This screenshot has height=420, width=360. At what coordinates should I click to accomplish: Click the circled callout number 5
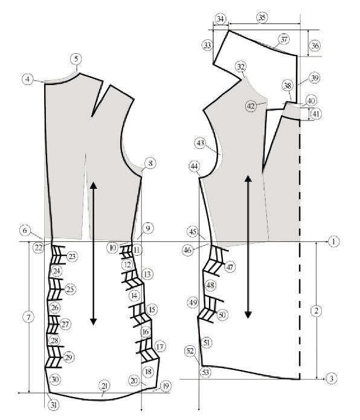(x=76, y=59)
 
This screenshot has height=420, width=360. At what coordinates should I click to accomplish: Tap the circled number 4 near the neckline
(x=28, y=79)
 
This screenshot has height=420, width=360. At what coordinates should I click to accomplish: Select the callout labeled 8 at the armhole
(x=150, y=163)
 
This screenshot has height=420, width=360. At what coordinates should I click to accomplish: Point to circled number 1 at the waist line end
(x=334, y=241)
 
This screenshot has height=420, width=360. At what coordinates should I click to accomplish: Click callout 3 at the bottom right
(x=332, y=378)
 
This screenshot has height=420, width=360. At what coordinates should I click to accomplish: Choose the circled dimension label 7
(x=28, y=317)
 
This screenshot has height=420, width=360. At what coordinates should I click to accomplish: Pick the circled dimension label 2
(x=317, y=311)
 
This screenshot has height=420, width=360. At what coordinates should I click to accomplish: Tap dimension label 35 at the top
(x=262, y=17)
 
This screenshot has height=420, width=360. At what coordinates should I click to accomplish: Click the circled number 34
(x=220, y=19)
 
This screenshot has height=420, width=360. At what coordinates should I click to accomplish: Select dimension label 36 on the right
(x=315, y=45)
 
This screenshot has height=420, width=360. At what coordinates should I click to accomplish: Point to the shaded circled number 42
(x=251, y=106)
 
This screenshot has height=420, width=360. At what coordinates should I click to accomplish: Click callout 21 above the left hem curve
(x=104, y=386)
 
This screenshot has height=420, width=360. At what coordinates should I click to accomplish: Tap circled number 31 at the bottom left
(x=54, y=405)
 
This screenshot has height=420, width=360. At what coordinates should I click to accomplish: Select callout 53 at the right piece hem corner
(x=205, y=372)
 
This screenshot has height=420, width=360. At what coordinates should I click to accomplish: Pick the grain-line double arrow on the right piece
(x=248, y=247)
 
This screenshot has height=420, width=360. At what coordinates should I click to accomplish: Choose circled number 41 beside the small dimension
(x=316, y=114)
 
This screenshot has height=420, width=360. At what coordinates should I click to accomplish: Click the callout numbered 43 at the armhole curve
(x=201, y=143)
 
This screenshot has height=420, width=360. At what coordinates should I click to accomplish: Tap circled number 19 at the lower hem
(x=166, y=386)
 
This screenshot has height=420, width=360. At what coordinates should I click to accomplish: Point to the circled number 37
(x=284, y=39)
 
